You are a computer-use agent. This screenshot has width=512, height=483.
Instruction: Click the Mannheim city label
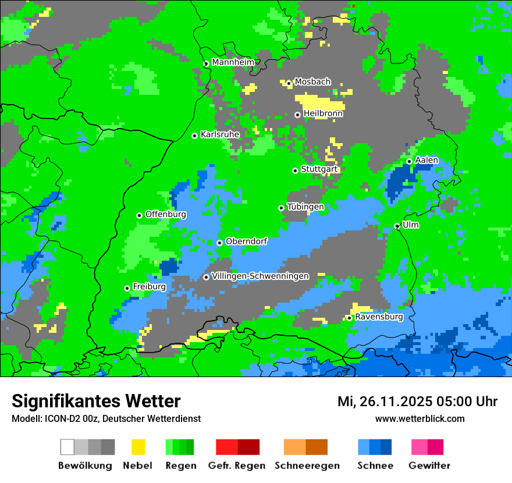coord(233,62)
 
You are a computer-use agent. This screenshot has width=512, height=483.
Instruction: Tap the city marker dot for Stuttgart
coord(296,171)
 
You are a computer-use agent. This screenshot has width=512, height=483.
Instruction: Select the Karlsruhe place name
coord(219,134)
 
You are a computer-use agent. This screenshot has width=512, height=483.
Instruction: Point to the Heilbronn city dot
coord(298,115)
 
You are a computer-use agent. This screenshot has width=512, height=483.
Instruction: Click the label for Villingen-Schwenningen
coord(260,276)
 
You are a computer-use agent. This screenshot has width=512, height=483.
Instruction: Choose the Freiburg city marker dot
coord(127,288)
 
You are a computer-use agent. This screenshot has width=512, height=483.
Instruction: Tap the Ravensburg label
coord(379,317)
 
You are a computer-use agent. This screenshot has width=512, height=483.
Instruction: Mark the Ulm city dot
coord(397,226)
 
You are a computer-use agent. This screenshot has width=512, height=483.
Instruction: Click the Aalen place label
coord(426,160)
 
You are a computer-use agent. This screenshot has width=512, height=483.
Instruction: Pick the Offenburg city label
coord(165,214)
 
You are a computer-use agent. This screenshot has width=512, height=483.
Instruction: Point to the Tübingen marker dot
coord(282,208)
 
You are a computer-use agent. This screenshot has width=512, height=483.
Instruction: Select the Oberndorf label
coord(246,241)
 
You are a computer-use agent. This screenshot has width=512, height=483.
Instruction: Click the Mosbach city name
coord(312,82)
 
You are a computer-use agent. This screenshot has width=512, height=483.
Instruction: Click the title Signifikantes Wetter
coord(96,401)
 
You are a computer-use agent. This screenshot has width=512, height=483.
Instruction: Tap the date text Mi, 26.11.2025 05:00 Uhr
coord(417,402)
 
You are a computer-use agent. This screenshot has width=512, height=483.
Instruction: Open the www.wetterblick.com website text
coord(419,418)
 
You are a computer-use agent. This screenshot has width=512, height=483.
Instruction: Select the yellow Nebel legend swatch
coord(138,447)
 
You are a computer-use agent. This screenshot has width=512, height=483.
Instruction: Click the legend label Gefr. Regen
coord(237,466)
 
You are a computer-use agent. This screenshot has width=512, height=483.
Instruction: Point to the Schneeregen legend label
coord(307,466)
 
